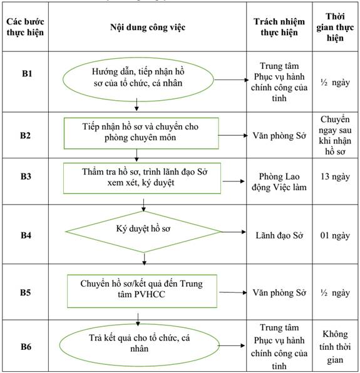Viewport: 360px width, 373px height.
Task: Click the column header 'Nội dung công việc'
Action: [x=148, y=28]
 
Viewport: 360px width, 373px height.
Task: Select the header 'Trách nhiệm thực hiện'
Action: [x=279, y=27]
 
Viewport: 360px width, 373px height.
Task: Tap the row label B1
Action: [x=27, y=73]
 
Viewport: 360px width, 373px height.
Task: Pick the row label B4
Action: [x=26, y=235]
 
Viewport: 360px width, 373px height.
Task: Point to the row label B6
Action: [x=26, y=347]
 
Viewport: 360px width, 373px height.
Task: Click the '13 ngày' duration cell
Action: [x=335, y=176]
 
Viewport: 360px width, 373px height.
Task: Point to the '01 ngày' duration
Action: [x=335, y=235]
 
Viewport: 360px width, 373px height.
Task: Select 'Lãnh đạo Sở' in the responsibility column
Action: [x=279, y=235]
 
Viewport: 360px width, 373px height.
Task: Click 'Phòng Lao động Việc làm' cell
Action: [x=279, y=182]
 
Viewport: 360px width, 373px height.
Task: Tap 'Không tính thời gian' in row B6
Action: [x=335, y=347]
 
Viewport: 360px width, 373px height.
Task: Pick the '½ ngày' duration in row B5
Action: [x=335, y=293]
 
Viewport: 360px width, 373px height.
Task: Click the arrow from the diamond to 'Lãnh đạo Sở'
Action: [x=234, y=232]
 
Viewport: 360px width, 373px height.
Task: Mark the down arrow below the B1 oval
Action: [x=136, y=105]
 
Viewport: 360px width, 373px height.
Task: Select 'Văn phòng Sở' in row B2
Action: [x=279, y=136]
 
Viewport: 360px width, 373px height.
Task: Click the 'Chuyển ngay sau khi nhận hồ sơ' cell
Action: [x=335, y=135]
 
